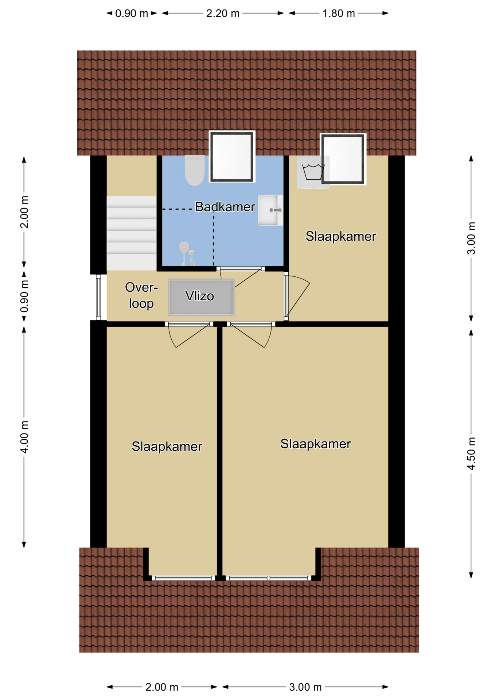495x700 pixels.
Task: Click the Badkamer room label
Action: (x=225, y=207)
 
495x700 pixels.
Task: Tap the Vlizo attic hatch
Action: (x=201, y=297)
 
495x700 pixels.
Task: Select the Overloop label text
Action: (x=141, y=296)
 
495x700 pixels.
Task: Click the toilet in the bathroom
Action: (x=195, y=170)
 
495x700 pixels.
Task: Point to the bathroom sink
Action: (x=270, y=210)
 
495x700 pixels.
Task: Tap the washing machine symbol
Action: (x=313, y=172)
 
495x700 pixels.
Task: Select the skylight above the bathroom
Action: (x=232, y=157)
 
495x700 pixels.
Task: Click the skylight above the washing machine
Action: (x=343, y=159)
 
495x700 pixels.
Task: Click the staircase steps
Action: (x=131, y=233)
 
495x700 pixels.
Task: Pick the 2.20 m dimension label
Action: (x=223, y=13)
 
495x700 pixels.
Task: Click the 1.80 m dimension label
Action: (x=339, y=13)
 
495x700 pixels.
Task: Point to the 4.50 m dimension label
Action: (x=471, y=454)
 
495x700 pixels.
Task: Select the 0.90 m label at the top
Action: (x=132, y=13)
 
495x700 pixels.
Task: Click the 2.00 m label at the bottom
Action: (x=162, y=687)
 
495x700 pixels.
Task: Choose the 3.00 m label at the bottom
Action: (x=305, y=687)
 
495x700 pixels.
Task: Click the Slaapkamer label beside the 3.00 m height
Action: (x=341, y=236)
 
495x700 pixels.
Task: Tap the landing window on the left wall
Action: (x=98, y=297)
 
